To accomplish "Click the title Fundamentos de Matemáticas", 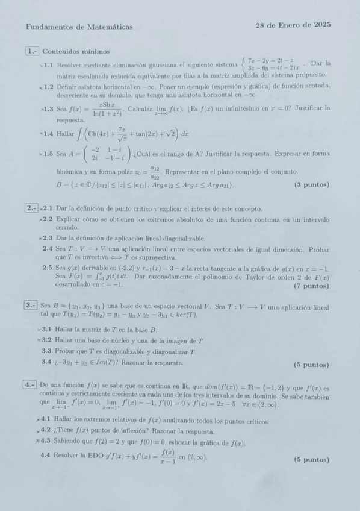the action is click(x=79, y=27).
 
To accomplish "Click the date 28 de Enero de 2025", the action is click(x=293, y=25).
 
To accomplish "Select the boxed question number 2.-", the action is click(x=32, y=208).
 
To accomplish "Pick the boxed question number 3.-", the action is click(x=31, y=306).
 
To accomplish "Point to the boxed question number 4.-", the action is click(x=31, y=384).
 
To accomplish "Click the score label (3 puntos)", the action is click(x=311, y=184).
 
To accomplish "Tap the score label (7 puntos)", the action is click(x=311, y=286).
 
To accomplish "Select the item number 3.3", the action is click(x=46, y=351).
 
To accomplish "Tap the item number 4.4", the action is click(x=46, y=456).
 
